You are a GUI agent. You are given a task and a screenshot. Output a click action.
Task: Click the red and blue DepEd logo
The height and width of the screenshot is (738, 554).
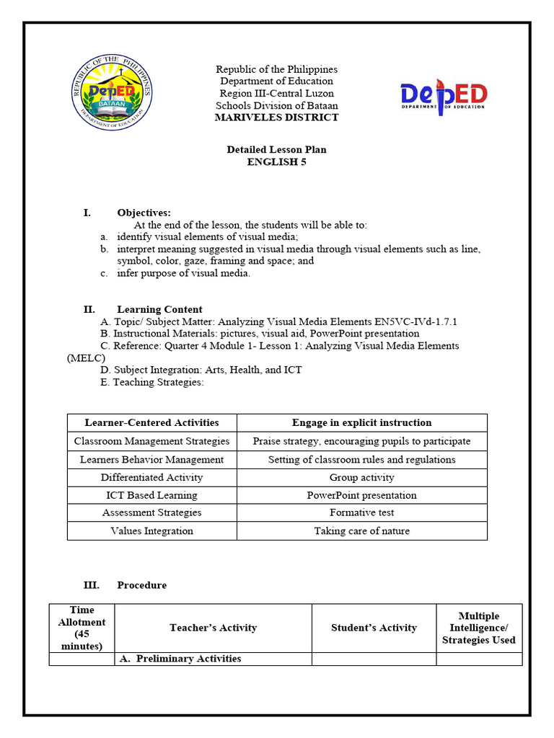tap(444, 97)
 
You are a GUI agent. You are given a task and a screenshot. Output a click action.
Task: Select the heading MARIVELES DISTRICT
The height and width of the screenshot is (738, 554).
tap(276, 117)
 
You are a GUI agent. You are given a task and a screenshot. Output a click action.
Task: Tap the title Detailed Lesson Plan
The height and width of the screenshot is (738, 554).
tap(276, 150)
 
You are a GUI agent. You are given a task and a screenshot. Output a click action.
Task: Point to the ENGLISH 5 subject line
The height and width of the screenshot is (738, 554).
tap(276, 162)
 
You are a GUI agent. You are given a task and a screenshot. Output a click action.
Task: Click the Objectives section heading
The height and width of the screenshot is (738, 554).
tap(144, 213)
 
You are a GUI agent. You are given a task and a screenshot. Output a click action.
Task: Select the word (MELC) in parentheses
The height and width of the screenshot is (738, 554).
tap(86, 358)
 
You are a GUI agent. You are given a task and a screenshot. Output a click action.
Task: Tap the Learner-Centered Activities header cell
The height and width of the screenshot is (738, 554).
tap(151, 423)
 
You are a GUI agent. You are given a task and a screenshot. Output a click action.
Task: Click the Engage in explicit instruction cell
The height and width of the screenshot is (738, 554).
tap(361, 423)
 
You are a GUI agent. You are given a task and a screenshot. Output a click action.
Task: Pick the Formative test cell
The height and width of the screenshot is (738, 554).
tap(361, 513)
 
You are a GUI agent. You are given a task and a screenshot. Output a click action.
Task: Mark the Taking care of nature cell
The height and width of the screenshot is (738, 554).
tap(361, 531)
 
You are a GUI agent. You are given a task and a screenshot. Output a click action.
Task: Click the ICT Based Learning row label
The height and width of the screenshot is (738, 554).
tap(151, 495)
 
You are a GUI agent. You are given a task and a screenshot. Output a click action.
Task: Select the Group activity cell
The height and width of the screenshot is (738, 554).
tap(361, 477)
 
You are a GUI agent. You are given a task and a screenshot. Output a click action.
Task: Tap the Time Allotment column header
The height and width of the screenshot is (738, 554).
tap(82, 628)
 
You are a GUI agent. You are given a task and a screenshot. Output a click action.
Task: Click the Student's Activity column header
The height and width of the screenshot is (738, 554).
tap(374, 628)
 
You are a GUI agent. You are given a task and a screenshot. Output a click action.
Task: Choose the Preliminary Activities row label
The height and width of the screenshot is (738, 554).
tap(188, 659)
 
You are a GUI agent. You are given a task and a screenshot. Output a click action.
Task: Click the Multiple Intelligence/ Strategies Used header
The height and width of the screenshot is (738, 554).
tap(478, 628)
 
